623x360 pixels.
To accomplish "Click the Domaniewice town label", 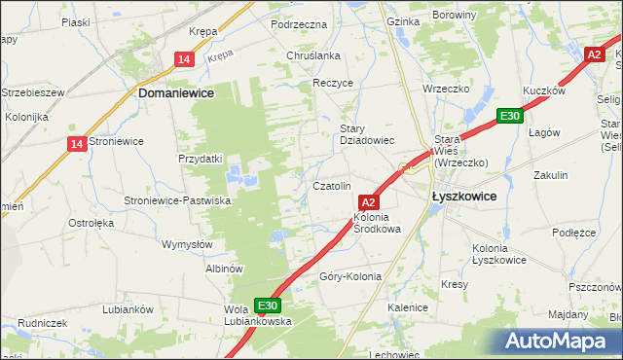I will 176,92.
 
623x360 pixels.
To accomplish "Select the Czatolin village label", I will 331,186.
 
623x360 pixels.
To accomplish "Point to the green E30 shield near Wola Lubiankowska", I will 268,305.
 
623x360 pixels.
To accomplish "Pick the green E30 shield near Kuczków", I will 508,116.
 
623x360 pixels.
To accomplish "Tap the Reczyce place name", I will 333,84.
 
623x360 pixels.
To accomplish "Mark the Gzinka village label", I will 402,20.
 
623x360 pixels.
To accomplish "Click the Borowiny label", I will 481,16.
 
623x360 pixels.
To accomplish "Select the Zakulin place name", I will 550,175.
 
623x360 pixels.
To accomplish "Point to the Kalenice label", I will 408,307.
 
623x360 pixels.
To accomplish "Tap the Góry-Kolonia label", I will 350,276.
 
